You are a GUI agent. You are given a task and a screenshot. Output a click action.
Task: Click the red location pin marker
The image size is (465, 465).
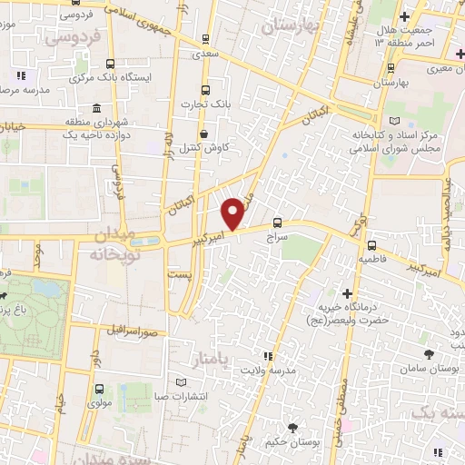(233, 213)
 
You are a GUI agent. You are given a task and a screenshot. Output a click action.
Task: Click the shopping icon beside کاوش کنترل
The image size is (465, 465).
(205, 131)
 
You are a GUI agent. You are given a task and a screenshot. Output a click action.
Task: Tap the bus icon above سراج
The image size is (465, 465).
(277, 222)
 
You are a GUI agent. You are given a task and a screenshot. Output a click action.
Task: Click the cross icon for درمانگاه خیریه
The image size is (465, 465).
(347, 293)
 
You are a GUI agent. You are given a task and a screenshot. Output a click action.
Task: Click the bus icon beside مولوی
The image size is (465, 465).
(98, 389)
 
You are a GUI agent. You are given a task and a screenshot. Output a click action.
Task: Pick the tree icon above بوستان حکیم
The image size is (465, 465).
(292, 427)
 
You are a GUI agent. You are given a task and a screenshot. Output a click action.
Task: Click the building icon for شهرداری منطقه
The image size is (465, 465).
(69, 122)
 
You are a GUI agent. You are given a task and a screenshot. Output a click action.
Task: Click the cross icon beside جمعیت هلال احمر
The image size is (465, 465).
(405, 15)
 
